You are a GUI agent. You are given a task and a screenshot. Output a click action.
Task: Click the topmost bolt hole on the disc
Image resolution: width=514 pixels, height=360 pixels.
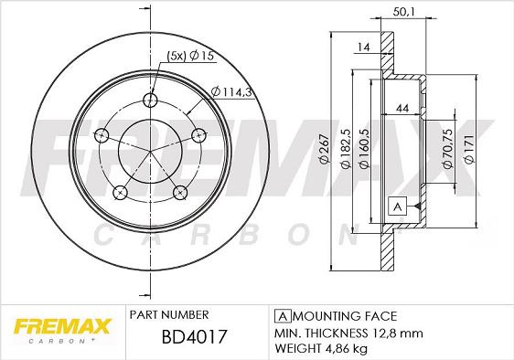[151, 101]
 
